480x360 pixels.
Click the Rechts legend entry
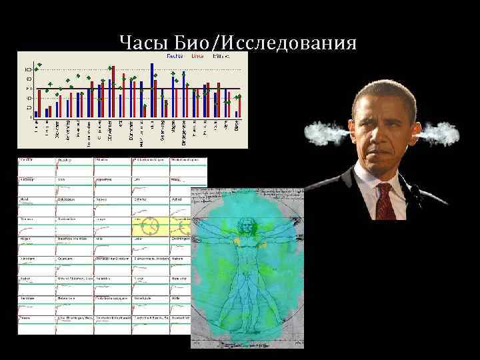[x=175, y=57]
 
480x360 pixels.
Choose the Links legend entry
[x=198, y=57]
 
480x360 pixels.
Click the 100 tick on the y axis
[x=28, y=69]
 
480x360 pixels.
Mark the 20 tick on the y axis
[x=29, y=107]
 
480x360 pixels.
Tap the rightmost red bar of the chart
[x=239, y=107]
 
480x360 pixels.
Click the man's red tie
[x=384, y=201]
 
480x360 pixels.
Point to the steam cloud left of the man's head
[x=325, y=134]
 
